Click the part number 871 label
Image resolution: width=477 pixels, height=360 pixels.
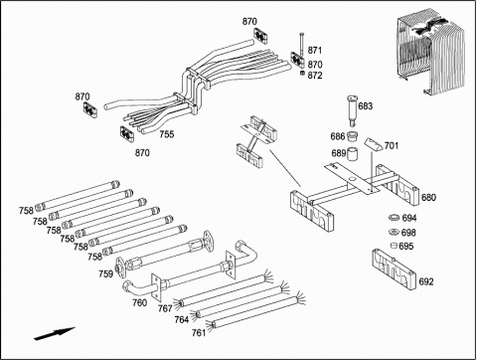coord(315,51)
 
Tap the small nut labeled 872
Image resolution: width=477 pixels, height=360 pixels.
coord(302,73)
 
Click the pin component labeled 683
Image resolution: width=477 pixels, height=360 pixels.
coord(352,110)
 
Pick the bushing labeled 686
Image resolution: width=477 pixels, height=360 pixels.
coord(352,136)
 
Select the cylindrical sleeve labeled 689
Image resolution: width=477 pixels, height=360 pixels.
coord(353,154)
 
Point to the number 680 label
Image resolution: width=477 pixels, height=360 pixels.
coord(428,198)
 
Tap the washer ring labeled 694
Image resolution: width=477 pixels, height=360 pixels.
coord(395,218)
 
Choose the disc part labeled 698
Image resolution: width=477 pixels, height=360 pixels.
coord(394,232)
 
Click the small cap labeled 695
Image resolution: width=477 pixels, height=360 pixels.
coord(394,246)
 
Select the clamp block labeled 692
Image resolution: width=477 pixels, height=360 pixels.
coord(394,269)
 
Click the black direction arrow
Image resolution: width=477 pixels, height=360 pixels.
coord(55,333)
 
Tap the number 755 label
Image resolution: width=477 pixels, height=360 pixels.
coord(167,134)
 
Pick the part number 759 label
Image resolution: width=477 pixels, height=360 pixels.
coord(105,274)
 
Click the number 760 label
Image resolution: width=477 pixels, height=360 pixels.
coord(139,302)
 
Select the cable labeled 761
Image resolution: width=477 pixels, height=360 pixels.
coord(254,312)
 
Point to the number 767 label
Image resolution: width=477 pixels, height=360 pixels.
coord(165,308)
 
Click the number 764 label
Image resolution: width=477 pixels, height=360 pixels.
coord(182,319)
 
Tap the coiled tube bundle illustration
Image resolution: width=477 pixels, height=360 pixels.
coord(429,52)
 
